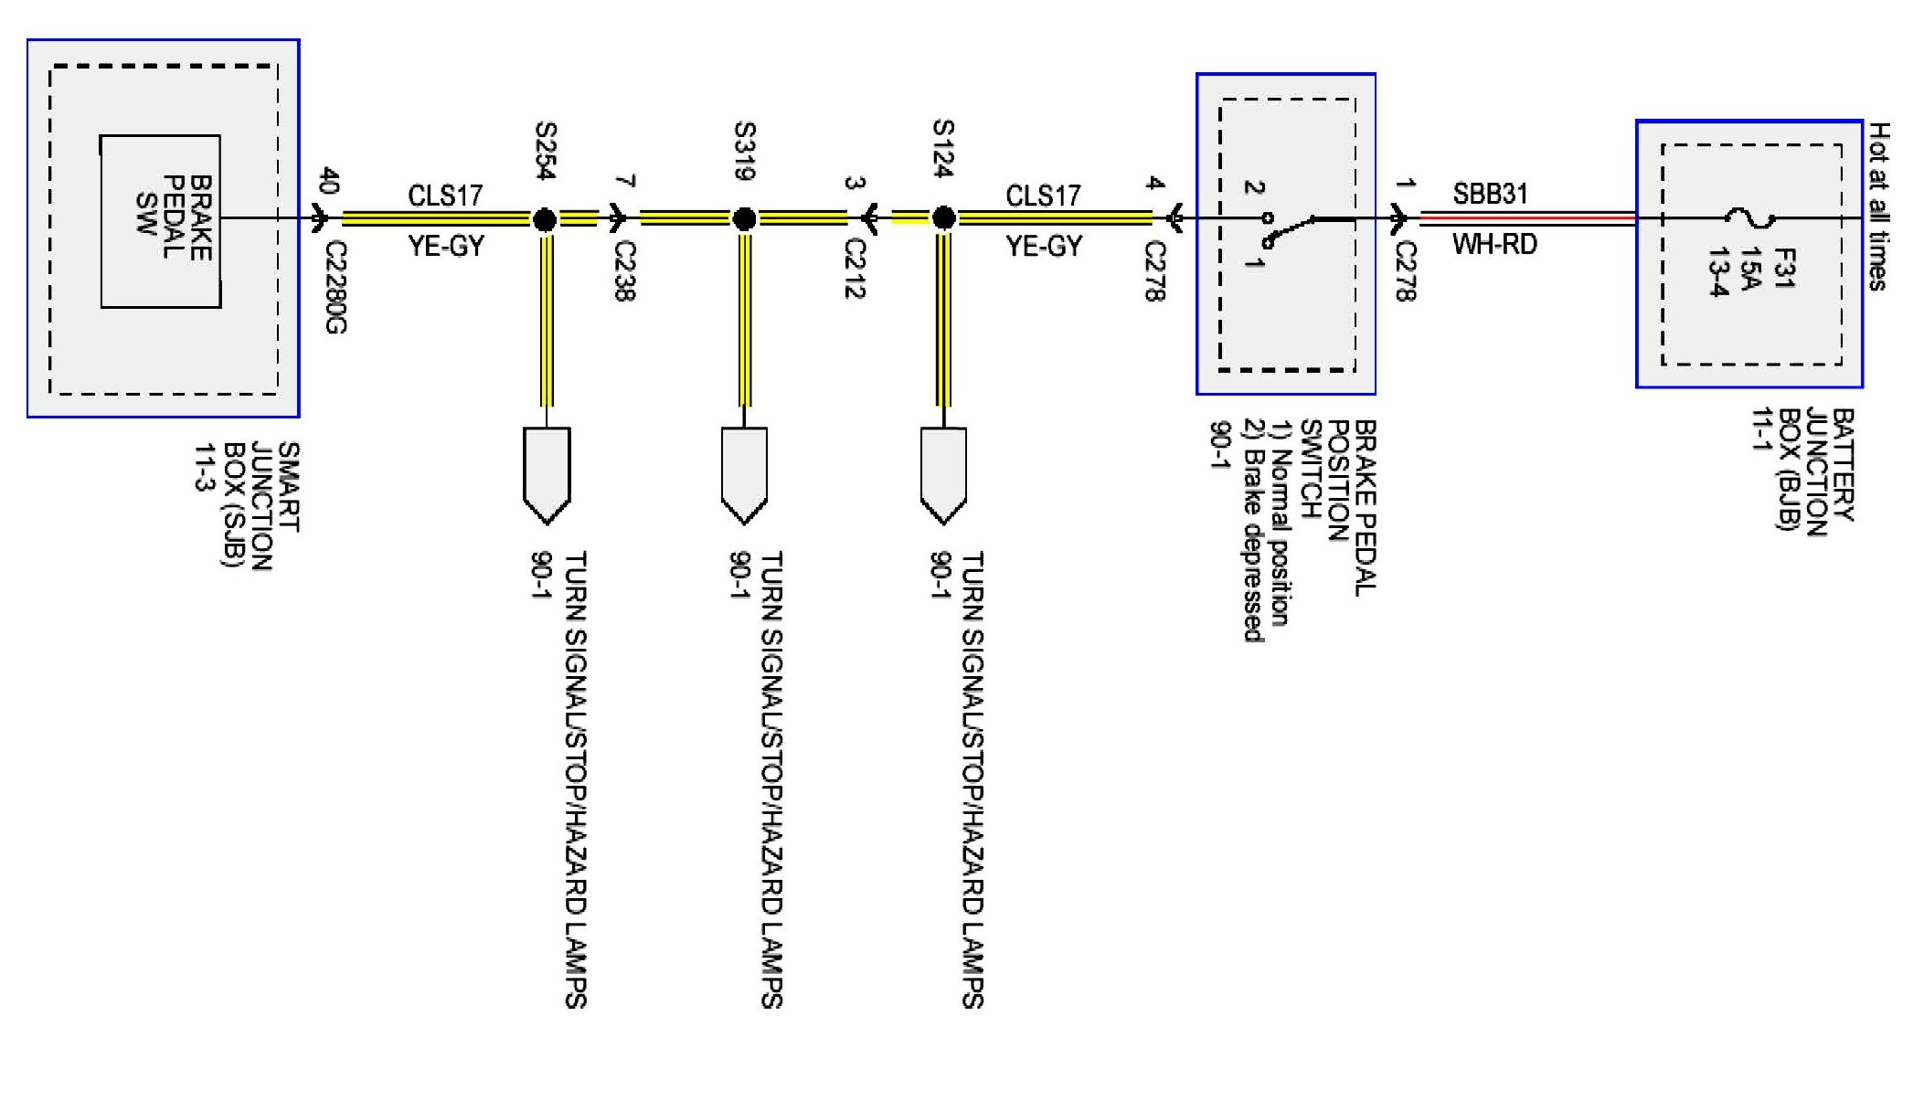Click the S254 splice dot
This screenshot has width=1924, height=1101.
pos(545,219)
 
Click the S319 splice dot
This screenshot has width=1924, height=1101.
pos(745,219)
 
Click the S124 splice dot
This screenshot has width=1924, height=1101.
pos(944,218)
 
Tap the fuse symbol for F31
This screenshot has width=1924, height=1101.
pos(1749,218)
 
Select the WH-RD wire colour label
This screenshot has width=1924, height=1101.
pos(1494,245)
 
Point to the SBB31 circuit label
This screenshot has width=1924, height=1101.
pos(1490,194)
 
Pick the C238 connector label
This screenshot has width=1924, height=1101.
pos(625,270)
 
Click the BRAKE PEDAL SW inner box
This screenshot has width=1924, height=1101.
pos(161,221)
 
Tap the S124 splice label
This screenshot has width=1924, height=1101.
pos(943,148)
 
